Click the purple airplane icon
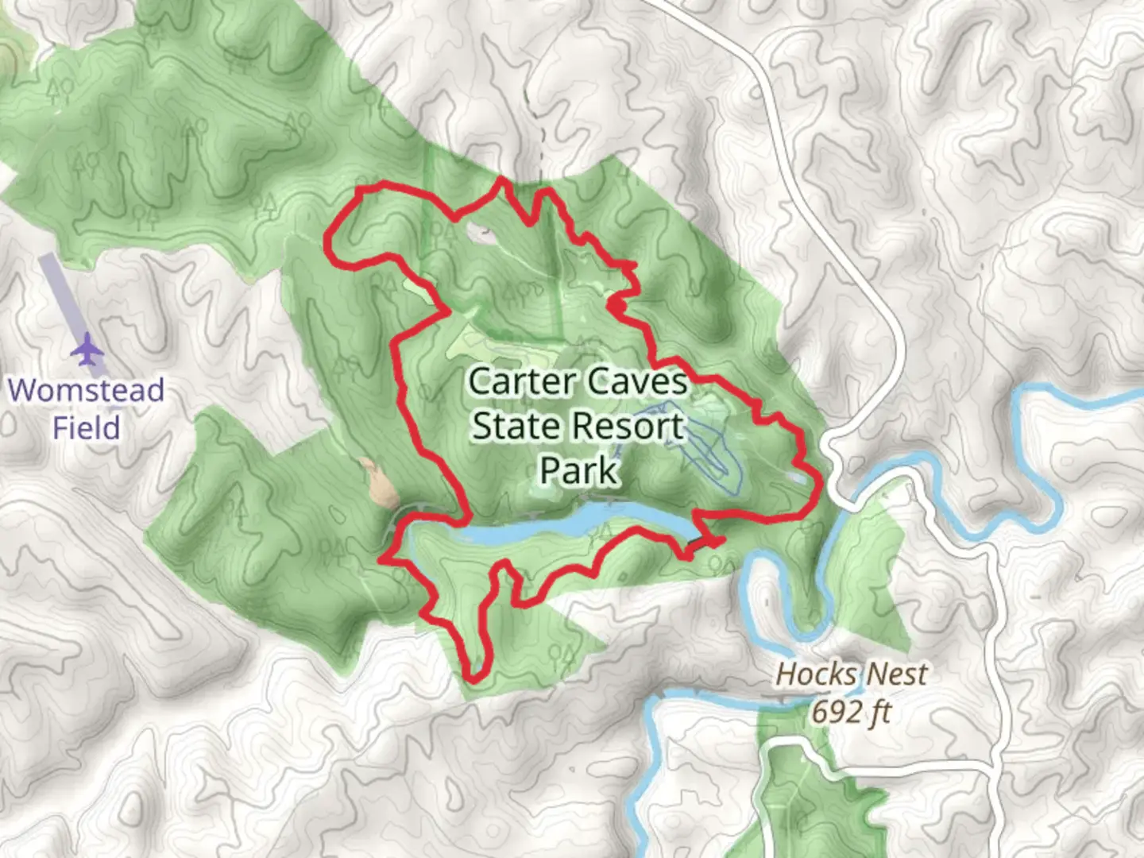pos(87,350)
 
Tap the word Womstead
pos(86,390)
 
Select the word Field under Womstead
pos(86,427)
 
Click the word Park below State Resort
pos(578,470)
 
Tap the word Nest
pos(895,674)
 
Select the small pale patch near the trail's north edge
pos(479,231)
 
